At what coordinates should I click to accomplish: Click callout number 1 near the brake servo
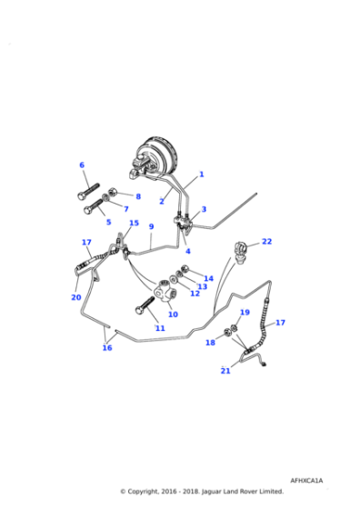201,175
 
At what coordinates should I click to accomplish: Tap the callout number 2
162,202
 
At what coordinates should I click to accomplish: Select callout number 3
204,210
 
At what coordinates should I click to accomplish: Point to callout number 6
82,165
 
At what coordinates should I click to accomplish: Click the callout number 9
152,226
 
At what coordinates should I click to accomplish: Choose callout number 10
173,314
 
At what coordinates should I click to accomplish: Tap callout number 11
160,327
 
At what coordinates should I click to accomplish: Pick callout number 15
134,223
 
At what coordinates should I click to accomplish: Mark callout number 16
106,347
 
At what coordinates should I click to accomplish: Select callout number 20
75,296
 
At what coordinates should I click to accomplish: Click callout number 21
225,371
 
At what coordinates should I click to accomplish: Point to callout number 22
266,242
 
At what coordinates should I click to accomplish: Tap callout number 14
208,278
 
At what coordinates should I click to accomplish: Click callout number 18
210,343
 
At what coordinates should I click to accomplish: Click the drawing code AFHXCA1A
306,480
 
